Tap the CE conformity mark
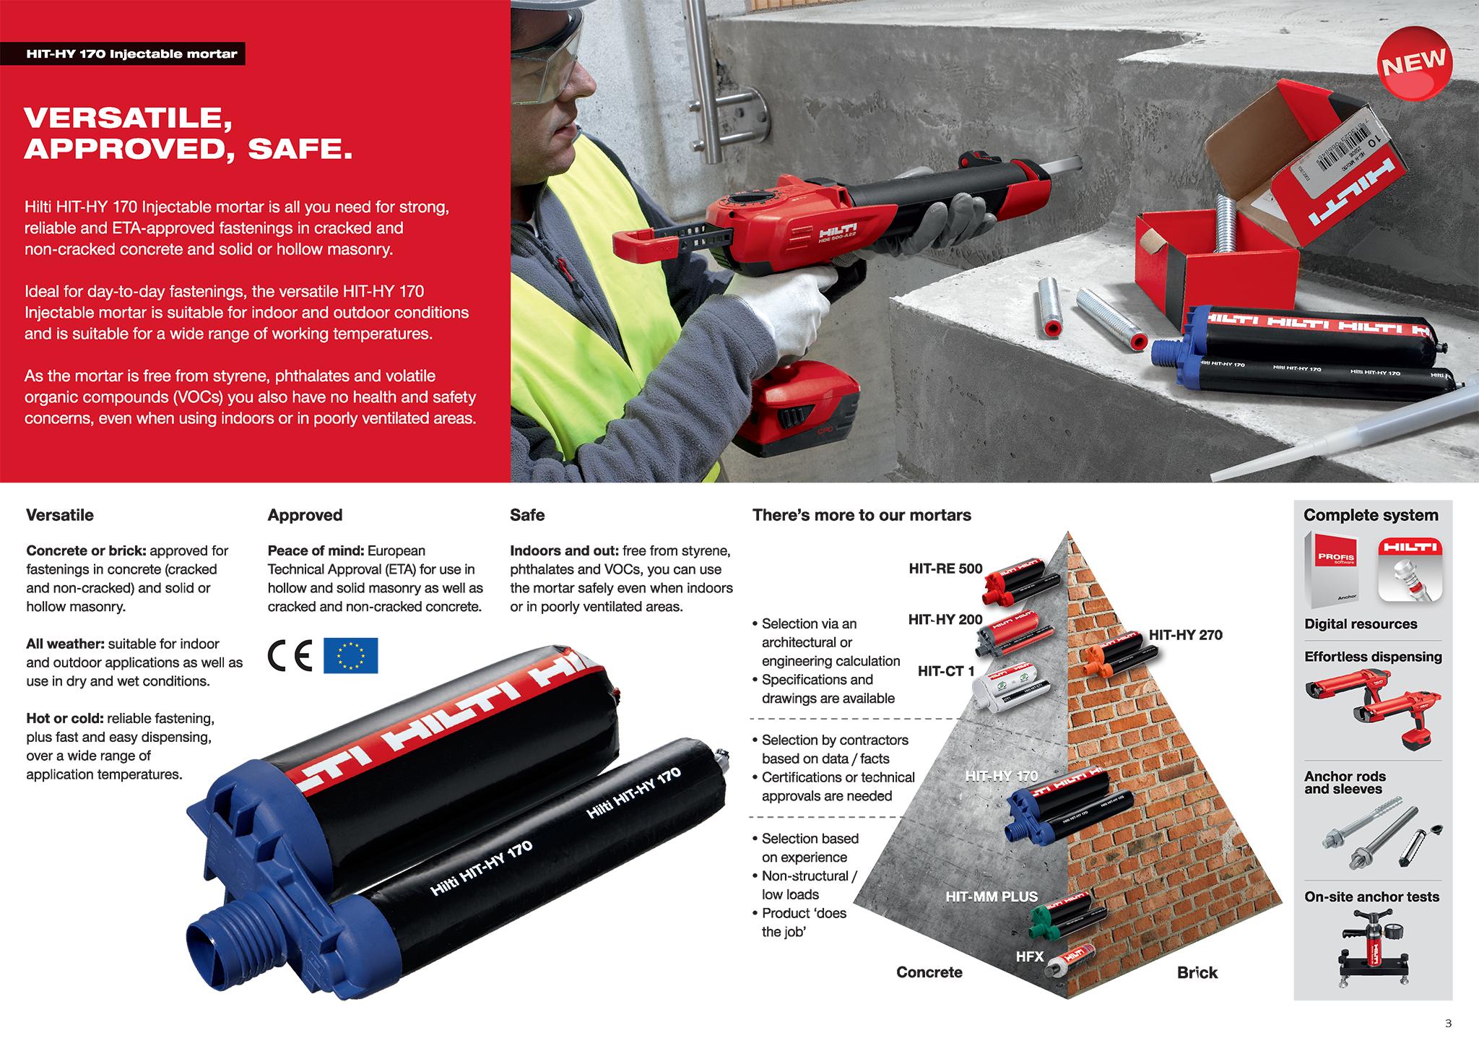[290, 656]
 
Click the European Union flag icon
[350, 656]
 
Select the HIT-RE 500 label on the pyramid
[945, 569]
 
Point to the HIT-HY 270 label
[1186, 635]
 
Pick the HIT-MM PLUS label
[992, 896]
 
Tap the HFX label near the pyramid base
[1030, 956]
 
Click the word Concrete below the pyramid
[929, 972]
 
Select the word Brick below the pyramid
[1197, 972]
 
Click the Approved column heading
[305, 515]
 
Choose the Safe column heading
[527, 515]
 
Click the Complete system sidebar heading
[1371, 515]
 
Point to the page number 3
[1448, 1023]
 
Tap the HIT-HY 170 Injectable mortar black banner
[131, 54]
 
